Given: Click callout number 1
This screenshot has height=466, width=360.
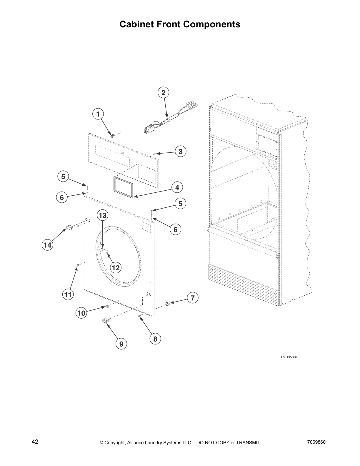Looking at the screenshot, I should click(98, 114).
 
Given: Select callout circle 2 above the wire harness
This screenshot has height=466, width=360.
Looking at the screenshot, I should click(163, 93).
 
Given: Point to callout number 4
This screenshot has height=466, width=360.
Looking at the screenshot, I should click(177, 187).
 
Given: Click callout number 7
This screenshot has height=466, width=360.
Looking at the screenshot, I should click(192, 298).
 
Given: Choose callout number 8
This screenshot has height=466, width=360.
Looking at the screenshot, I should click(155, 339).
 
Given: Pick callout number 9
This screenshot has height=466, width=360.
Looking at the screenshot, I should click(121, 344).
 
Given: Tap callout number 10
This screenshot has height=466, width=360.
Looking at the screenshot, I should click(81, 313).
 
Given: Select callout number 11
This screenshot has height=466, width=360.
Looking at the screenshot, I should click(68, 294).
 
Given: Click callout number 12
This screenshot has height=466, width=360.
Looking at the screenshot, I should click(116, 267).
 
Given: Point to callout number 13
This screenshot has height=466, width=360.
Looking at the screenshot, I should click(102, 216).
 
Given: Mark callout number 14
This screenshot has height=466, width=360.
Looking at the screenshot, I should click(47, 245).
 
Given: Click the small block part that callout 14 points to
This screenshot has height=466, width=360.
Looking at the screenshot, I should click(69, 227).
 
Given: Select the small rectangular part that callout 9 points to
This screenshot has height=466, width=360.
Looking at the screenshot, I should click(105, 320).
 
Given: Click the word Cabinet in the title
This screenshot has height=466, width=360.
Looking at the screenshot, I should click(136, 24).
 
